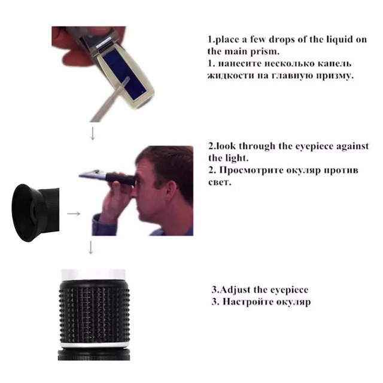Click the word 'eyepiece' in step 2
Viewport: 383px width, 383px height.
coord(314,146)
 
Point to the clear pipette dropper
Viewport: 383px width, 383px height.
coord(109,100)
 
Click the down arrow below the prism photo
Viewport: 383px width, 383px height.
coord(93,133)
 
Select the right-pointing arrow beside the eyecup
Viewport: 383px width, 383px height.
coord(74,214)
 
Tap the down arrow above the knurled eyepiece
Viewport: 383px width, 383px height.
coord(90,247)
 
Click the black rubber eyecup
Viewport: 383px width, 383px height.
coord(26,213)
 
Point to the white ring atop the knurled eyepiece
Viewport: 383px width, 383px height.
coord(93,275)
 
